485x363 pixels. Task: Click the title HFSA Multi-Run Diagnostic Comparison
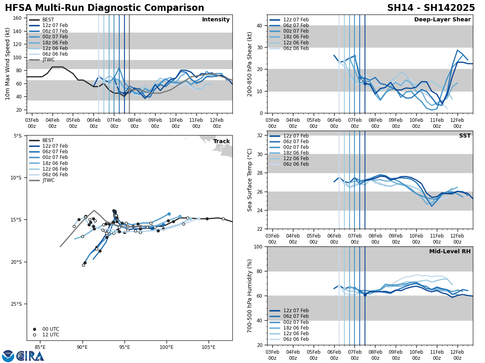(x=104, y=8)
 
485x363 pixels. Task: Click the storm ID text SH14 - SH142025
(x=431, y=8)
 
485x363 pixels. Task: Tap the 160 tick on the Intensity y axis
(x=18, y=18)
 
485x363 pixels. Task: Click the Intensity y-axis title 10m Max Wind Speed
(x=8, y=64)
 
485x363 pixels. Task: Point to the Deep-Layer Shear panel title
(x=442, y=20)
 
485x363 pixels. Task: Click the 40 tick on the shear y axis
(x=259, y=25)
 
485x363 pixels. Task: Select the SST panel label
(x=465, y=136)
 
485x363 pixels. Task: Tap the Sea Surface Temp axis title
(x=250, y=180)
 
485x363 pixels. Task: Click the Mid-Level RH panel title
(x=450, y=252)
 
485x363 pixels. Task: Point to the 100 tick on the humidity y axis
(x=258, y=246)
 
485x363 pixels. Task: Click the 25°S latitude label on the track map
(x=17, y=304)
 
